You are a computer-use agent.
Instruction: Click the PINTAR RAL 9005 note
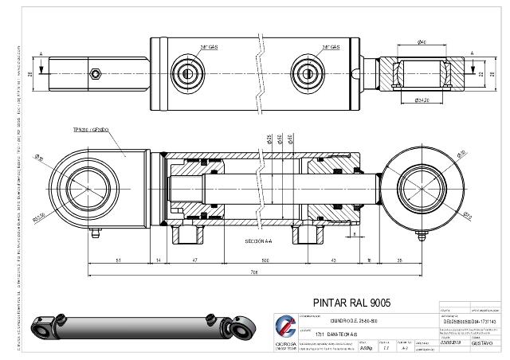(x=351, y=303)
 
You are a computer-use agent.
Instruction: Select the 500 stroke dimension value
(x=265, y=260)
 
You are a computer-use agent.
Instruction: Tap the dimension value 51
(x=118, y=260)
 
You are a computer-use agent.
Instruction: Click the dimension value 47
(x=195, y=260)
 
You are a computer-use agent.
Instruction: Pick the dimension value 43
(x=333, y=260)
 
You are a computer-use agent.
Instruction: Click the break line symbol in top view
(x=259, y=72)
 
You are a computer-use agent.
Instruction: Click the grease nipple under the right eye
(x=420, y=234)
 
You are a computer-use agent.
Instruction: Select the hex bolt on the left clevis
(x=96, y=74)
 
